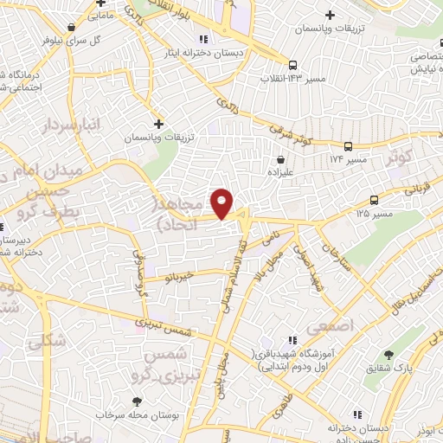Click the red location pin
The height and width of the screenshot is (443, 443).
222,202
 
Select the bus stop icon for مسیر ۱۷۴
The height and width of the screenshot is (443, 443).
348,146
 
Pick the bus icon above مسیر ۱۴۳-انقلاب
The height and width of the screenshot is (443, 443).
293,65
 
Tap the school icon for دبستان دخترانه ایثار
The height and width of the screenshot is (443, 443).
203,39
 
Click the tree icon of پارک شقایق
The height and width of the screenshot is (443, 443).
388,355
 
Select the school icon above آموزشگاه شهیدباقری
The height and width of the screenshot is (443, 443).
292,340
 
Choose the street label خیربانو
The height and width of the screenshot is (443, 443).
186,277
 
